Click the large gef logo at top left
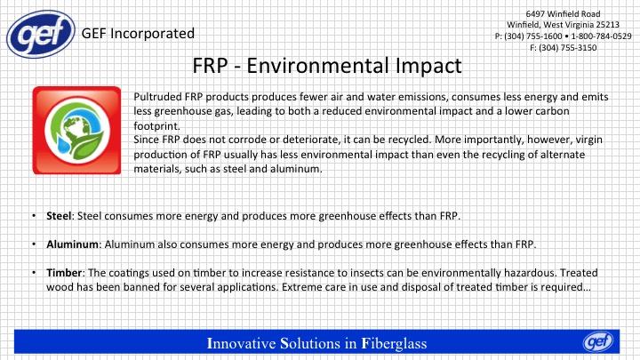coord(41,34)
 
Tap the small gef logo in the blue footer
coord(598,341)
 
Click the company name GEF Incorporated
coord(138,34)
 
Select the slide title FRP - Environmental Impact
coord(327,65)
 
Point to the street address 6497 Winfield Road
coord(563,13)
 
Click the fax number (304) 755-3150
coord(567,48)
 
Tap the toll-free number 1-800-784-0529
coord(601,36)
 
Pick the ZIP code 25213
coord(607,25)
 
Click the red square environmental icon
coord(76,130)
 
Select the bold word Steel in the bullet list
coord(59,215)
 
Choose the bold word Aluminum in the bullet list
coord(72,244)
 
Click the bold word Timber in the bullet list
coord(64,272)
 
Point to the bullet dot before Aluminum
coord(35,244)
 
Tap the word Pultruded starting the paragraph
coord(157,97)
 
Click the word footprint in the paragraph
coord(156,125)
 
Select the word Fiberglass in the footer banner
coord(394,343)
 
